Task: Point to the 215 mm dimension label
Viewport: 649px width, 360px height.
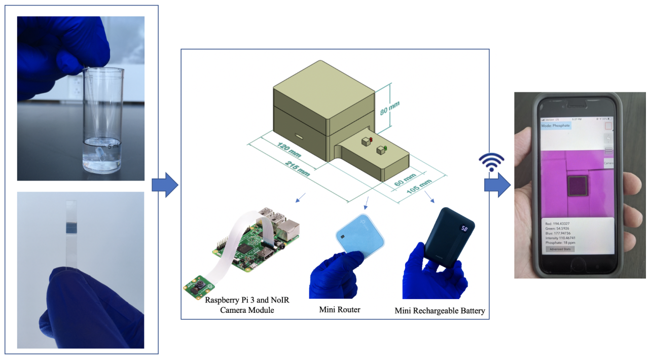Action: (x=296, y=167)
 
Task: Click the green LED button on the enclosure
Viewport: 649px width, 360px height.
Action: (x=385, y=149)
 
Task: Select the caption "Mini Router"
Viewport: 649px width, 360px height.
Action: (x=340, y=309)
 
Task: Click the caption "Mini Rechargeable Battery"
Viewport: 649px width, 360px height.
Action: (x=440, y=311)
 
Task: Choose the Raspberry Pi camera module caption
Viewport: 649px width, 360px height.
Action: (x=247, y=305)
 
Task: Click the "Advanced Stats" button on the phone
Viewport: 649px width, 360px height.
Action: (x=560, y=249)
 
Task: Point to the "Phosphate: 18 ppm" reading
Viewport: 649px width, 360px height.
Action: (x=561, y=243)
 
